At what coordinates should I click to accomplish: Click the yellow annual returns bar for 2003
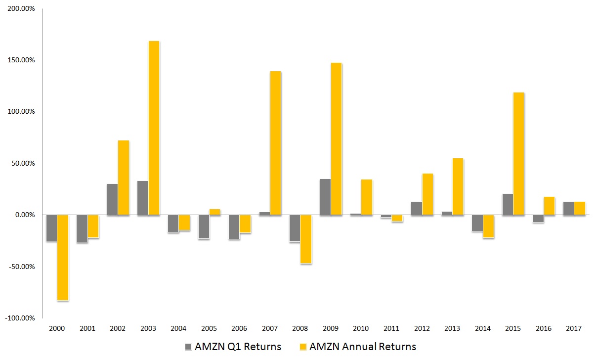(x=154, y=128)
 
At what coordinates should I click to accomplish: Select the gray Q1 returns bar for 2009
(x=325, y=197)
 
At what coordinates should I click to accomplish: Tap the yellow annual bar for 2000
(x=63, y=257)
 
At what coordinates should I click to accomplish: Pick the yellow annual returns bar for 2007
(x=275, y=143)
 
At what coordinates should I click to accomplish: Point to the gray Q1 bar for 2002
(x=112, y=199)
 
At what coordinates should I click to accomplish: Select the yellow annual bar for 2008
(x=306, y=239)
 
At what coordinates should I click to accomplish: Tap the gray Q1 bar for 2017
(x=568, y=208)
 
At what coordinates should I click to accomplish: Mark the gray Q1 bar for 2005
(x=204, y=226)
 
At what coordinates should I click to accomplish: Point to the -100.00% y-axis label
(x=20, y=318)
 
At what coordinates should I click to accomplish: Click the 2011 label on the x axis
(x=391, y=328)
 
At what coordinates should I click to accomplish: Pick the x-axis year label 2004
(x=178, y=328)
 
